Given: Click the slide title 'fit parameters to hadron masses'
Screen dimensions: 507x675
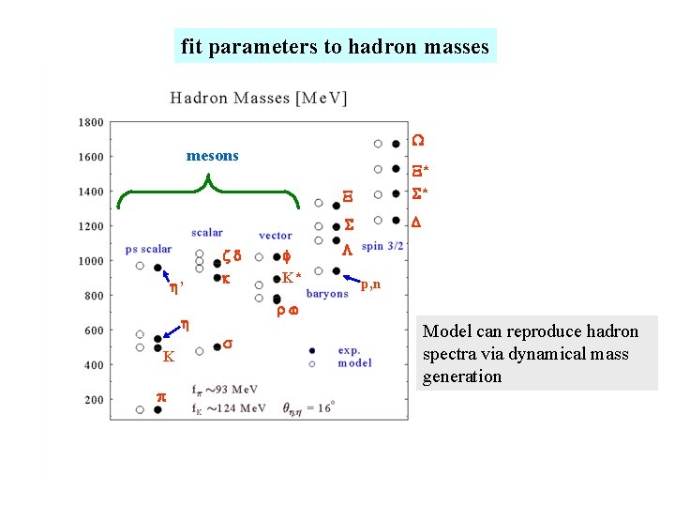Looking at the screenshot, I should pyautogui.click(x=335, y=46).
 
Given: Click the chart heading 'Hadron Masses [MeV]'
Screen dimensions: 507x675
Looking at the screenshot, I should pyautogui.click(x=259, y=98).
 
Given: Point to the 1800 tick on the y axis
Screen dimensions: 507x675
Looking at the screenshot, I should pyautogui.click(x=91, y=122).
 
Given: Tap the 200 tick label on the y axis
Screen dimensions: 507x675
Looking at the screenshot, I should pyautogui.click(x=94, y=400).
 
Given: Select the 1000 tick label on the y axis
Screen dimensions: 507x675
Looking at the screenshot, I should pyautogui.click(x=91, y=261).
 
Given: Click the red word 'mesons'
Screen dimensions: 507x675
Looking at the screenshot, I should pyautogui.click(x=213, y=156).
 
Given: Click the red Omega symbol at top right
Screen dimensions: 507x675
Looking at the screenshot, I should pyautogui.click(x=418, y=141).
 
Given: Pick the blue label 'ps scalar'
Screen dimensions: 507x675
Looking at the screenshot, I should pyautogui.click(x=148, y=249).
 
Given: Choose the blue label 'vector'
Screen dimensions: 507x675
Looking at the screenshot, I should pyautogui.click(x=276, y=236).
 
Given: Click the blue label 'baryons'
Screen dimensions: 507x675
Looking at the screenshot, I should pyautogui.click(x=327, y=294).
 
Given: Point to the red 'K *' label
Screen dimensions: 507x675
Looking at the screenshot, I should pyautogui.click(x=291, y=277).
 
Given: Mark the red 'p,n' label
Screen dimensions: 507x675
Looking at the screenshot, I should pyautogui.click(x=371, y=284).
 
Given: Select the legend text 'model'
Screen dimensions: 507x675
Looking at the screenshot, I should pyautogui.click(x=354, y=363).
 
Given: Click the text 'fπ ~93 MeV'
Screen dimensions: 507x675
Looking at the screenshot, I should pyautogui.click(x=225, y=390).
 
